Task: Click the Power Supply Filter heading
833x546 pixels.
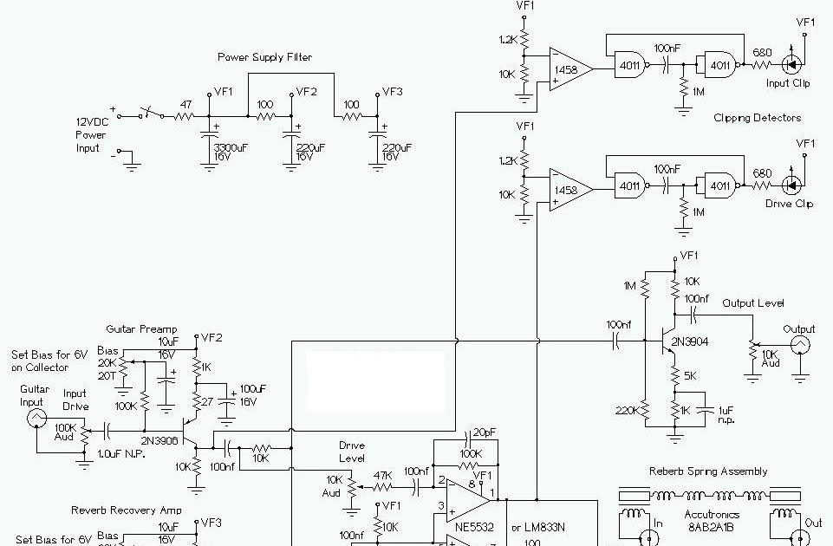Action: (264, 57)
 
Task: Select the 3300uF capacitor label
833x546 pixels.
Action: (229, 147)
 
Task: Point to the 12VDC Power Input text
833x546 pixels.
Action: (90, 135)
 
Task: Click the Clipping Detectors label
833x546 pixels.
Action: (758, 117)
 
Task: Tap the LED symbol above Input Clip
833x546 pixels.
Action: (790, 63)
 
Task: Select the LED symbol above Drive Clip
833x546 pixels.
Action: (790, 185)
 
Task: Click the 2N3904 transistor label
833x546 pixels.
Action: (689, 342)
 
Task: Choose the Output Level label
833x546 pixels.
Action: (753, 303)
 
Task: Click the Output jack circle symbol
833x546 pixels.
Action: (798, 346)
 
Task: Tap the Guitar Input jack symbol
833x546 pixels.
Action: (36, 418)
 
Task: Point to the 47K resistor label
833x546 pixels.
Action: (382, 476)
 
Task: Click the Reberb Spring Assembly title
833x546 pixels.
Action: (708, 471)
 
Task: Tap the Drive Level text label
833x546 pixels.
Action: (351, 452)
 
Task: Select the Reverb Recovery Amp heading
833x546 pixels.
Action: (127, 510)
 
